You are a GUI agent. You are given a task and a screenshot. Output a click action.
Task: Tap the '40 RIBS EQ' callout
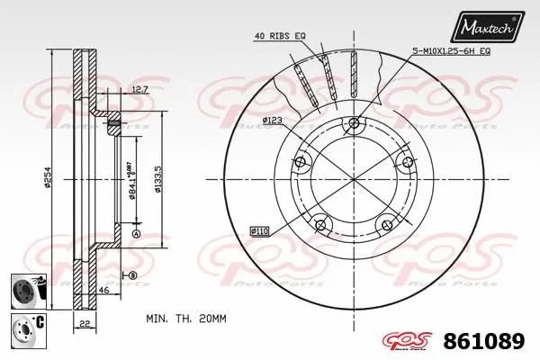point(280,35)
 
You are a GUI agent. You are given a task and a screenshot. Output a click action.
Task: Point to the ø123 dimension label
point(274,119)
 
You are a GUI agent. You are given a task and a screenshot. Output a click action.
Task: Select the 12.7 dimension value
point(139,89)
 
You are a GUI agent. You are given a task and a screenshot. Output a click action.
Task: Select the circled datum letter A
point(137,235)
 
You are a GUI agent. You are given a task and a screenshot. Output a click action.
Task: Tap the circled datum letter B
point(132,274)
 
